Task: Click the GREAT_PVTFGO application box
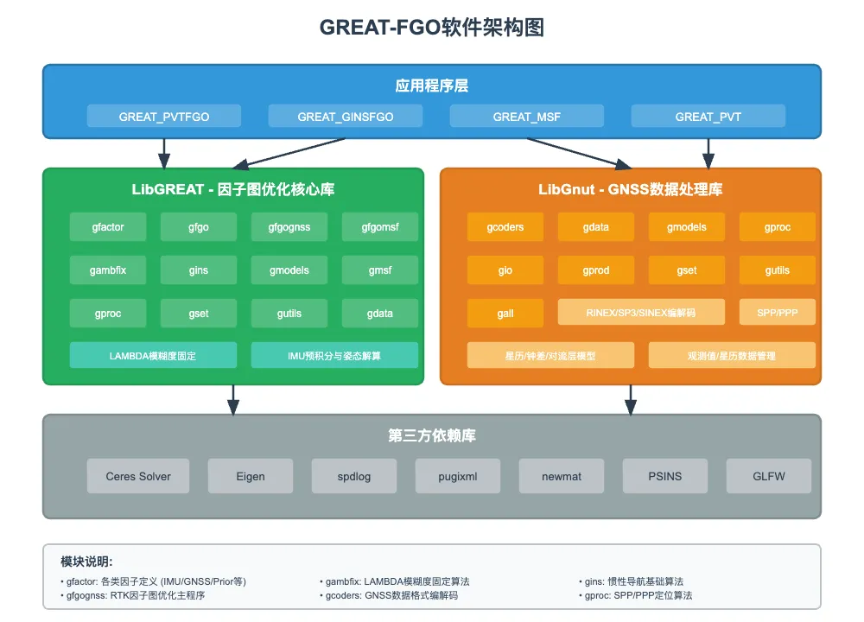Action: click(x=164, y=117)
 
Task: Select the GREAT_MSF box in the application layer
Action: click(x=527, y=117)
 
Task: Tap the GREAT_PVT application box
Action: click(x=708, y=117)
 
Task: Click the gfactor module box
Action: click(x=108, y=227)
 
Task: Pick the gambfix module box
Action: click(x=108, y=270)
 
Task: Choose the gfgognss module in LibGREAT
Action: click(x=289, y=227)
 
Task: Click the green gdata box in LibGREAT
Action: click(x=380, y=314)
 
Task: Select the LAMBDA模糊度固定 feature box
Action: click(x=153, y=355)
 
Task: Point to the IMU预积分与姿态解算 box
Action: click(x=334, y=355)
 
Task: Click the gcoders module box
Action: click(x=505, y=227)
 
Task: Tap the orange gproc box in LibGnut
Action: click(x=778, y=227)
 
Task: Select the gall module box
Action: click(x=505, y=314)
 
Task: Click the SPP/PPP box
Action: click(x=778, y=312)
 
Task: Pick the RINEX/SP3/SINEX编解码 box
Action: click(x=641, y=312)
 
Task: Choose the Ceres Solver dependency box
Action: click(x=138, y=476)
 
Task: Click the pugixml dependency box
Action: click(x=458, y=476)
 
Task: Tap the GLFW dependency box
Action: click(x=769, y=476)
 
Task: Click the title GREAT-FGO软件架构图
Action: click(x=431, y=28)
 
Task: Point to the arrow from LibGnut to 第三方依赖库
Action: click(x=631, y=399)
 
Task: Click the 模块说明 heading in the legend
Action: click(x=86, y=561)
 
